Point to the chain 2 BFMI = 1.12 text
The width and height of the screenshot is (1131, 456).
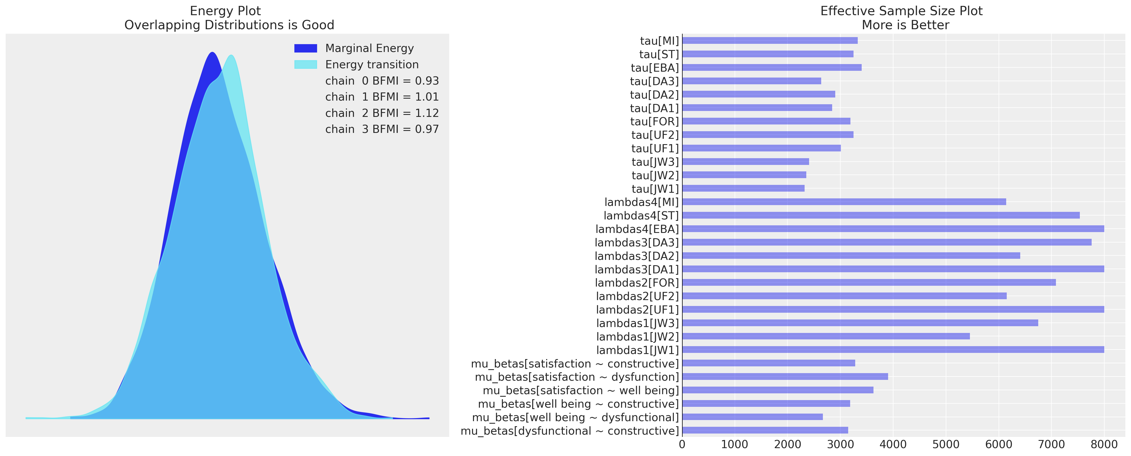(x=381, y=113)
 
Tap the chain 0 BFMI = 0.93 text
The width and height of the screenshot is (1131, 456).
(x=381, y=81)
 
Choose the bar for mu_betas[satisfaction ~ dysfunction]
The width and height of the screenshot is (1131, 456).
(x=785, y=376)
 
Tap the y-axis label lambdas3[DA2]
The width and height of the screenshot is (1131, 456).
(x=636, y=256)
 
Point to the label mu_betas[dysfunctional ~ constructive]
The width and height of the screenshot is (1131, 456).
(x=570, y=431)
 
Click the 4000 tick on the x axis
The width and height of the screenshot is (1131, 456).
(x=893, y=444)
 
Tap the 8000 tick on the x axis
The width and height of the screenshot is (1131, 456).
(x=1104, y=444)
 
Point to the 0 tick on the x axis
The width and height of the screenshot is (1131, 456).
(x=682, y=444)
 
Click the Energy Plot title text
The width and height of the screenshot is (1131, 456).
(x=225, y=11)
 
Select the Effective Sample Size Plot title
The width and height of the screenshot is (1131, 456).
(x=901, y=11)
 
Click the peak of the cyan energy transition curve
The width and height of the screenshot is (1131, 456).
(x=231, y=55)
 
